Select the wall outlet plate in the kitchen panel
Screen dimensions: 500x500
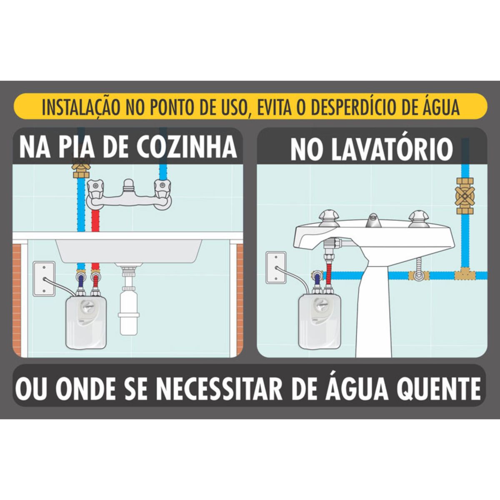tap(44, 279)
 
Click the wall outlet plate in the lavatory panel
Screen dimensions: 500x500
tap(276, 267)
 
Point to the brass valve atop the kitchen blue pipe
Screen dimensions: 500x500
tap(81, 169)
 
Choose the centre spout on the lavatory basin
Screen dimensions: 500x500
tap(373, 220)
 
